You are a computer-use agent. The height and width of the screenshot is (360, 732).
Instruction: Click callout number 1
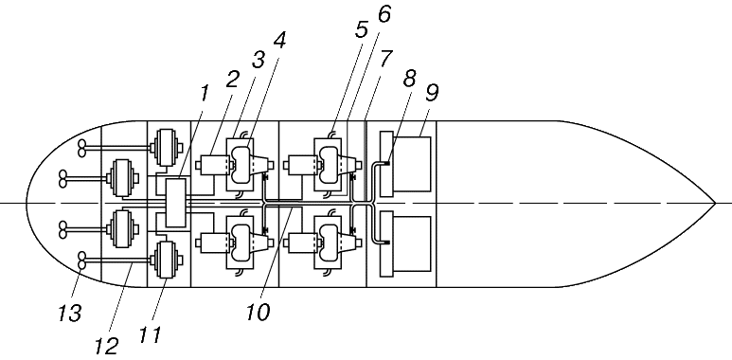click(205, 95)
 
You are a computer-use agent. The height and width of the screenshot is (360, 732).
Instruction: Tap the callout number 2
click(232, 81)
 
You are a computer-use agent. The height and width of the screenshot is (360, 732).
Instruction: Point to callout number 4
click(279, 41)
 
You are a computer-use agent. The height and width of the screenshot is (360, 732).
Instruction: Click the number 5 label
click(361, 28)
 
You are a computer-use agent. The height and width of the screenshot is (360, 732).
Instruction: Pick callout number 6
click(384, 14)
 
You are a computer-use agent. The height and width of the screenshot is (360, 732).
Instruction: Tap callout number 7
click(385, 59)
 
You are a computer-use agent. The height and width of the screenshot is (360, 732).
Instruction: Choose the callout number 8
click(409, 80)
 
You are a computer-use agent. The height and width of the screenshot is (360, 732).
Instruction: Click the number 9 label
click(432, 94)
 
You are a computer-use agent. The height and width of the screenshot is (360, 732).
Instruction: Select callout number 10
click(258, 312)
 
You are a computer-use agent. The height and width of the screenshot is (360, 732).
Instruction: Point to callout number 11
click(151, 334)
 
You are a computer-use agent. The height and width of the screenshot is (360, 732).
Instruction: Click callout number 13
click(70, 313)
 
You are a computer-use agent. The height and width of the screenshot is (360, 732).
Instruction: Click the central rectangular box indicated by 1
click(176, 203)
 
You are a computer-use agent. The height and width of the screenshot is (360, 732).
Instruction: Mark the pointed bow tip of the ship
click(715, 203)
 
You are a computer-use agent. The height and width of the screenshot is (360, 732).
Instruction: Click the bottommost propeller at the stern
click(81, 261)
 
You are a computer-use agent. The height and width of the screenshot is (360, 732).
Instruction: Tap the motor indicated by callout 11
click(167, 260)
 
